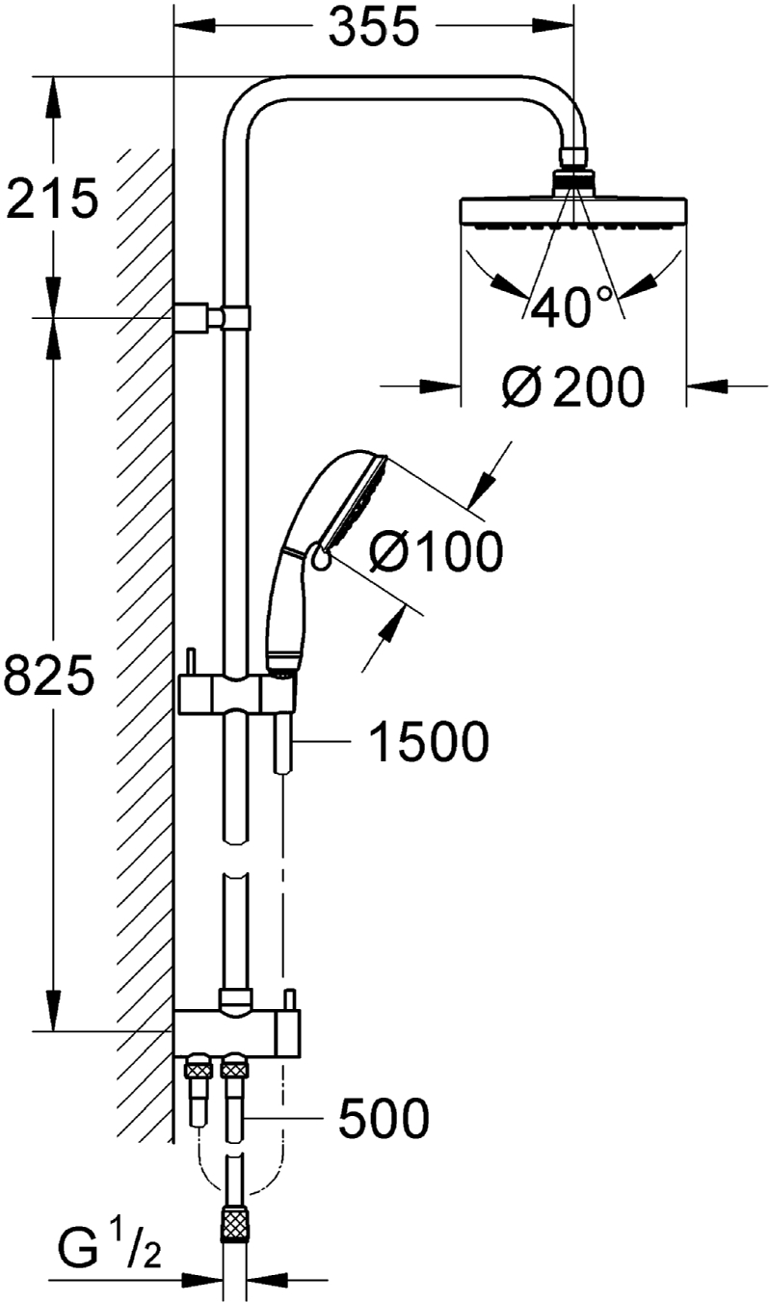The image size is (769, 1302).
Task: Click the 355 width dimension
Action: coord(373,27)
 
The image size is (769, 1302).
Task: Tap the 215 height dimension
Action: coord(52,198)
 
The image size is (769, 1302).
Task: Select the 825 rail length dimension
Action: coord(47,675)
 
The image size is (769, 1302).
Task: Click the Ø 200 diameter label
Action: coord(573,386)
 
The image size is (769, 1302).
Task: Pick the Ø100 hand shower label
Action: coord(436,550)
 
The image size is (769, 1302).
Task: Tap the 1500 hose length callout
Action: coord(429,741)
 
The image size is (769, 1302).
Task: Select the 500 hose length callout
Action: coord(384,1117)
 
